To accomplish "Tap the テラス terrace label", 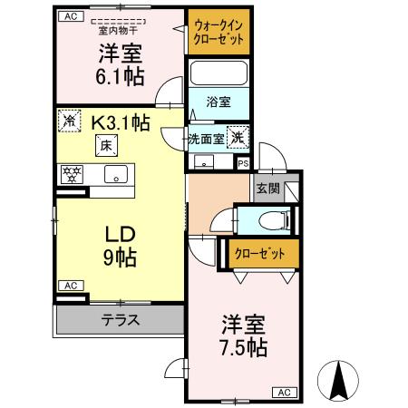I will (x=119, y=318).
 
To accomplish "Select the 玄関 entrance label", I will (x=267, y=189).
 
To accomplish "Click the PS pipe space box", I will (x=242, y=163).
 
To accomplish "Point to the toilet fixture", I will (x=270, y=220).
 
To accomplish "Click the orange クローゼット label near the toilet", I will (x=259, y=253).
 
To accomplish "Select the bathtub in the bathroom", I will (x=218, y=74).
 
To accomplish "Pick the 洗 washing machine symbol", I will (x=237, y=138).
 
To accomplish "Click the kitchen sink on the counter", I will (x=115, y=174).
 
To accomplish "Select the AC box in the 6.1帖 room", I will (x=73, y=15).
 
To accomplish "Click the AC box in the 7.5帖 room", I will (x=283, y=393).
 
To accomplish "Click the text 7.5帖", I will (x=243, y=346).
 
